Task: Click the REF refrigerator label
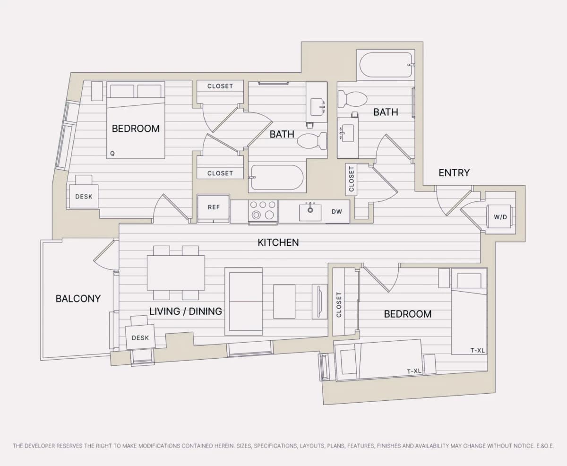214,207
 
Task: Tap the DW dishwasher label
336,212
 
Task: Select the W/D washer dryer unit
500,216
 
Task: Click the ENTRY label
454,173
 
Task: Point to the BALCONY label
78,299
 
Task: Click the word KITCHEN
278,242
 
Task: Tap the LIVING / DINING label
186,311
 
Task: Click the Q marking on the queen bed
112,153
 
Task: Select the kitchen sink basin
310,212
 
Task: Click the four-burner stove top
263,210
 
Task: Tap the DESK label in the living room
140,338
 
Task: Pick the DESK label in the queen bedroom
84,197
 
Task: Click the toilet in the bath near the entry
352,99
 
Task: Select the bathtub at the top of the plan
386,65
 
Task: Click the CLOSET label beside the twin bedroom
339,304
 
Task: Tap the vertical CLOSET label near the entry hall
351,179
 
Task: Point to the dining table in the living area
176,273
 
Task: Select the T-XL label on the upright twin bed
478,350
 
